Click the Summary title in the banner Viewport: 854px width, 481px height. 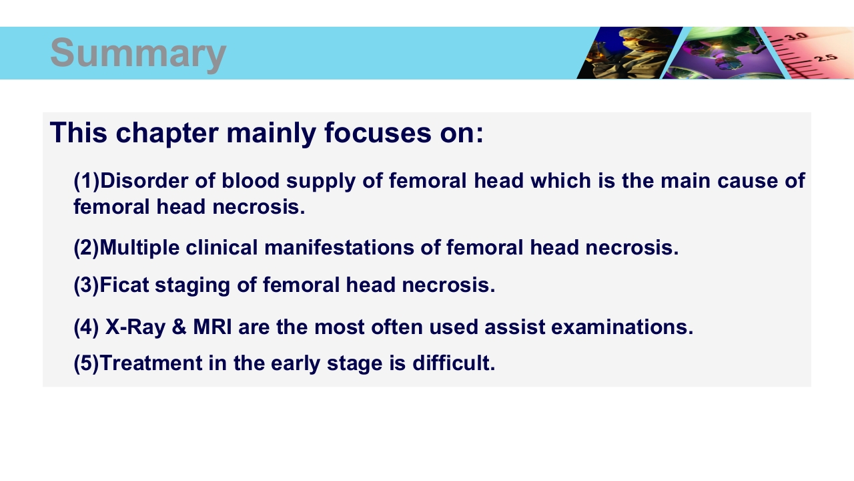(x=138, y=53)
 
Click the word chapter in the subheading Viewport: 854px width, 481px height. (x=167, y=134)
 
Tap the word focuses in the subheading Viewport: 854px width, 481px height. (x=378, y=132)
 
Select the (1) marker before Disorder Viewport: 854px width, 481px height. (x=87, y=181)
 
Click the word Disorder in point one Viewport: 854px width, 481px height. (x=144, y=180)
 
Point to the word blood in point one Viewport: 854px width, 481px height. (x=250, y=180)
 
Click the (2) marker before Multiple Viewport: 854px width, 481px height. (x=86, y=248)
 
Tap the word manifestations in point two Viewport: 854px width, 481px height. (x=340, y=247)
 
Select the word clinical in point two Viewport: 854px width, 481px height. (x=222, y=247)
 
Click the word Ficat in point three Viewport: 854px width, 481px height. (x=124, y=285)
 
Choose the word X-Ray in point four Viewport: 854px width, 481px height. (x=135, y=327)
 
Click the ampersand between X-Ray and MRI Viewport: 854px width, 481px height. (x=179, y=327)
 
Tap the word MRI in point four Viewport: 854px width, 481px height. (x=212, y=327)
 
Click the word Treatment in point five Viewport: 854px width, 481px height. (x=151, y=363)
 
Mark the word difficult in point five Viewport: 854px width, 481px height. (x=454, y=363)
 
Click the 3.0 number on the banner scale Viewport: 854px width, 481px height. (x=796, y=36)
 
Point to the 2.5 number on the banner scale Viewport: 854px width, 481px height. (x=826, y=58)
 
